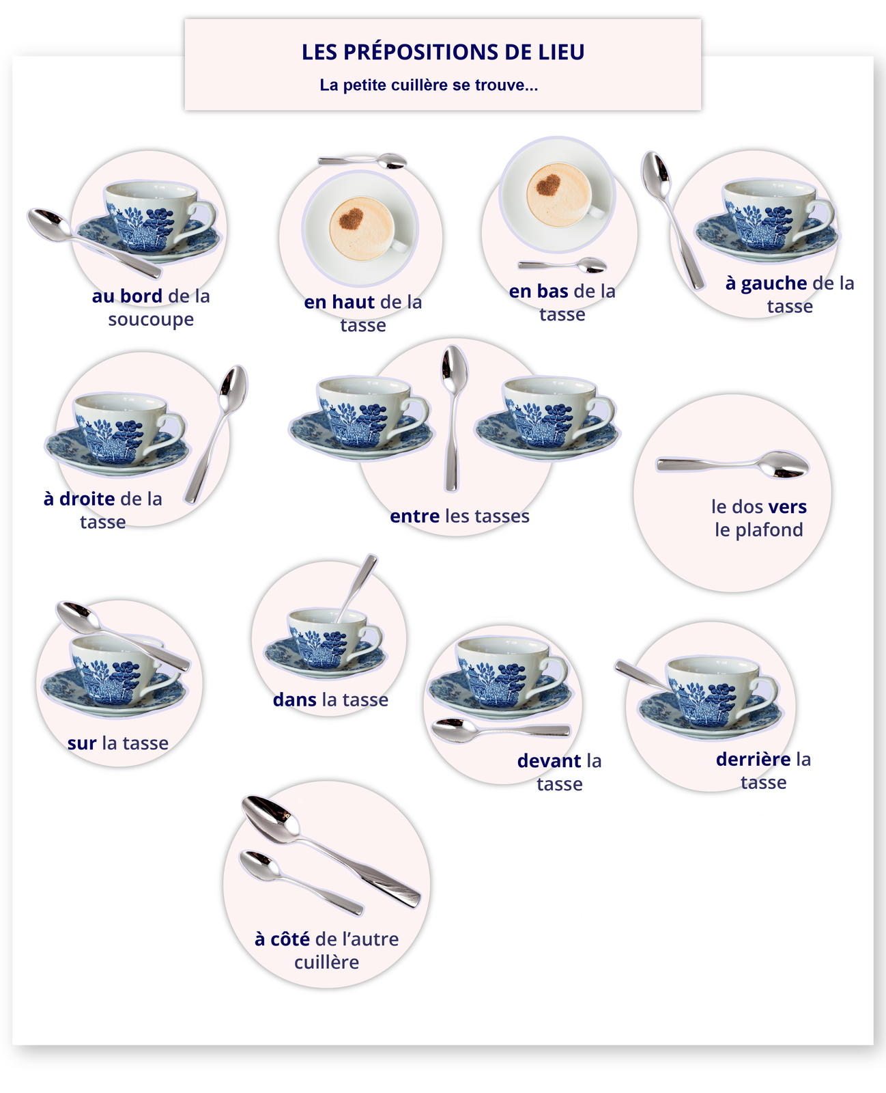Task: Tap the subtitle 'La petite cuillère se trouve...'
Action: tap(429, 85)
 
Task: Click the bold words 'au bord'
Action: tap(127, 296)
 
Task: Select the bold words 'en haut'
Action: tap(339, 302)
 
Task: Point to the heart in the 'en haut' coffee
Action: tap(352, 219)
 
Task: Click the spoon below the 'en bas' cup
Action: tap(562, 264)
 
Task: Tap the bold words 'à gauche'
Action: tap(766, 283)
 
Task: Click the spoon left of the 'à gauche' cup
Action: tap(672, 219)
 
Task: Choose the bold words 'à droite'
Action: tap(79, 499)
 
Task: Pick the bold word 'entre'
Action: tap(414, 516)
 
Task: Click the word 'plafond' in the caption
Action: tap(769, 530)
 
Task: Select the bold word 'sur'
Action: tap(81, 743)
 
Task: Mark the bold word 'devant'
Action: tap(549, 761)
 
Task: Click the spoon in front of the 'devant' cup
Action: tap(500, 730)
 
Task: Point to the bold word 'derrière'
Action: tap(753, 760)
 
